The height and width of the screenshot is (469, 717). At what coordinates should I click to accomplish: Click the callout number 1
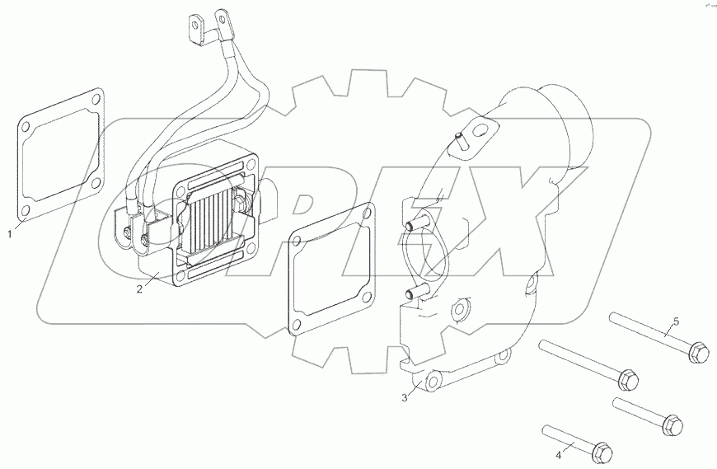click(x=10, y=234)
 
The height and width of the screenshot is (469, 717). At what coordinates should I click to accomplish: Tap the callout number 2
click(x=140, y=288)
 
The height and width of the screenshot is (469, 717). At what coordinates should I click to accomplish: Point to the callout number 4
click(x=558, y=453)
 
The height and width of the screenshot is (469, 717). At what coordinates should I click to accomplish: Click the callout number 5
click(x=676, y=320)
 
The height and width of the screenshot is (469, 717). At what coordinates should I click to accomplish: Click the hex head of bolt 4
click(x=602, y=450)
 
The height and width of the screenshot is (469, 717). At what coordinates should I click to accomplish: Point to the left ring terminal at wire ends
click(x=196, y=26)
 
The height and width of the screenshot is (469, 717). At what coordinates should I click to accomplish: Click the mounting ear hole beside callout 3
click(x=431, y=382)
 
